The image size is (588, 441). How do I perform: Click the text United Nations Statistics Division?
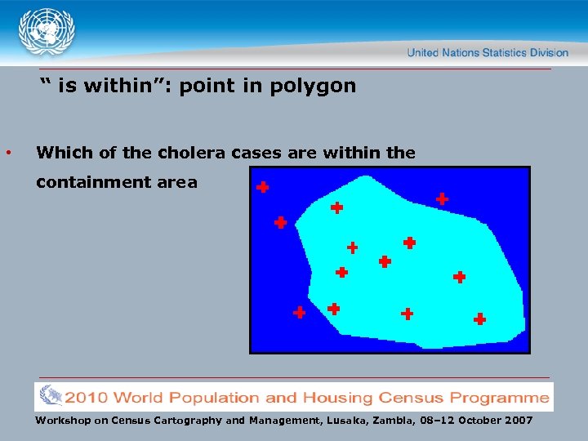[487, 53]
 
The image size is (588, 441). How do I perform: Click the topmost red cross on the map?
[262, 187]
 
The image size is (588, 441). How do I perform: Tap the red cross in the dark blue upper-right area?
[442, 198]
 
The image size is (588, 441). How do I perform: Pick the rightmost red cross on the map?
[479, 318]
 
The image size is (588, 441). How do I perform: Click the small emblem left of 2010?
[51, 396]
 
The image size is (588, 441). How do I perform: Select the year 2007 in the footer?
[518, 421]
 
